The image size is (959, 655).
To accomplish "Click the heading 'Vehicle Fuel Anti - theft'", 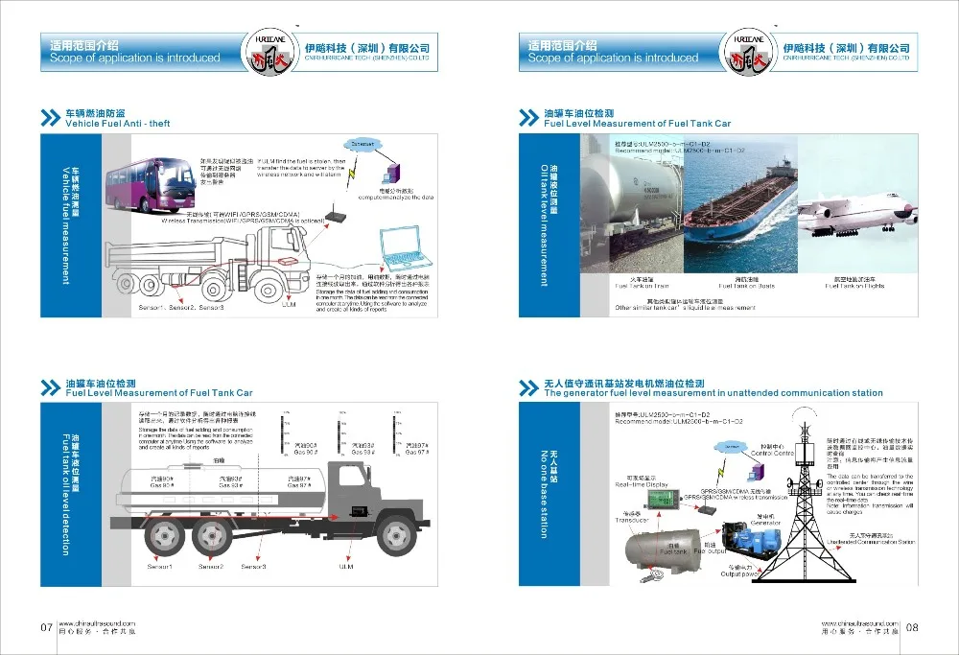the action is (117, 124).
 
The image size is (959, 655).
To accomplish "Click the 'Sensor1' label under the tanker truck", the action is (160, 568).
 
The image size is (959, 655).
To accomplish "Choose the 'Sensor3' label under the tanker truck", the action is (253, 568).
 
